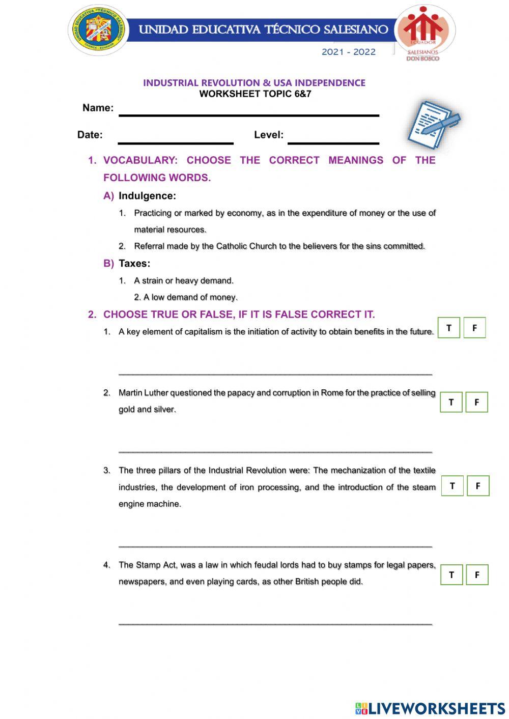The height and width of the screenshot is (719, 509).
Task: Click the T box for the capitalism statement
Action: tap(449, 328)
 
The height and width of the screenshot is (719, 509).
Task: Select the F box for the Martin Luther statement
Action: tap(476, 402)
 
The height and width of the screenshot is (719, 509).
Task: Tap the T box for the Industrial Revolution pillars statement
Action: tap(452, 486)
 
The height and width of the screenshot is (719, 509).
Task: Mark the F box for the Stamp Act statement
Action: tap(477, 574)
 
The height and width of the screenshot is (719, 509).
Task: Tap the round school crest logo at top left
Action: tap(99, 30)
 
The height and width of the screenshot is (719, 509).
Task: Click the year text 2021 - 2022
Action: tap(348, 52)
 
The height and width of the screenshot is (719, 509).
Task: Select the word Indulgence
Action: tap(147, 196)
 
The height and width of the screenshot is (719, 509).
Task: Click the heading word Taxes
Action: tap(134, 264)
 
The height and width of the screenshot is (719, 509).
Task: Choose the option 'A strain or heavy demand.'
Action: tap(183, 280)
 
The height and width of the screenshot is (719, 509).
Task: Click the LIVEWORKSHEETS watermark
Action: tap(430, 708)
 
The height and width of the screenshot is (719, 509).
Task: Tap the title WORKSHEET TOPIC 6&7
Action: tap(255, 94)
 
